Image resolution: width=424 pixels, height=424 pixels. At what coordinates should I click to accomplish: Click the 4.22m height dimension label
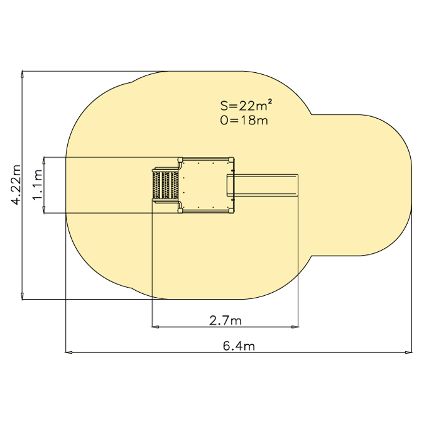[16, 185]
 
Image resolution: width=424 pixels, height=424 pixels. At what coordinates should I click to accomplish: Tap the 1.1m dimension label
[38, 185]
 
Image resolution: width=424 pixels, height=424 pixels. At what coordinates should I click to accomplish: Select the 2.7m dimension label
[226, 320]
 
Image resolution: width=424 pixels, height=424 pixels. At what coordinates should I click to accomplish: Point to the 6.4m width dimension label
[239, 345]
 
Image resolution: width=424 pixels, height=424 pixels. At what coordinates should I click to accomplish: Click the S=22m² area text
[246, 105]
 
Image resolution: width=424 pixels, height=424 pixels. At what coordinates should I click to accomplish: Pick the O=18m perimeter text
[244, 120]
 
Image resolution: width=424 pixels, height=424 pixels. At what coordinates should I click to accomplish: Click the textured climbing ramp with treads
[165, 185]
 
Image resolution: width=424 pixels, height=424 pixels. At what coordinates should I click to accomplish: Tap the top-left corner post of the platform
[180, 160]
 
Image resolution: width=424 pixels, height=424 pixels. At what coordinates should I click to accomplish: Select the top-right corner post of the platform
[231, 160]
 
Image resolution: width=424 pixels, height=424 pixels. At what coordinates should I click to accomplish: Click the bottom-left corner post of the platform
[180, 210]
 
